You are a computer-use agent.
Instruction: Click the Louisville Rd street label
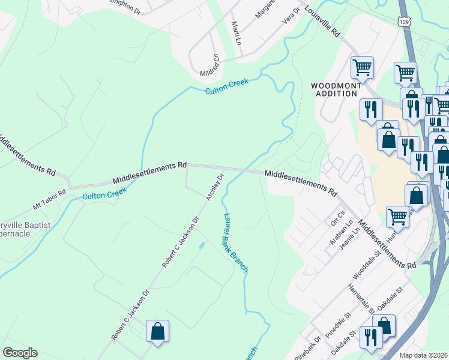click(x=322, y=22)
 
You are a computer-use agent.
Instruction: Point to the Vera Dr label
click(x=291, y=17)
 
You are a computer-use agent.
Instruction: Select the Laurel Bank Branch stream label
click(x=235, y=243)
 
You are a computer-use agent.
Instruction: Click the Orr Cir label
click(x=339, y=219)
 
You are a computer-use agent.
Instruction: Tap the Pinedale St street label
click(x=339, y=325)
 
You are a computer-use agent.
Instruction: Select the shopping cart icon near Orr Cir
click(x=397, y=217)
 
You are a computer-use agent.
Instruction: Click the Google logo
click(x=20, y=353)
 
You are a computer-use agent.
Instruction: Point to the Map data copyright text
click(x=423, y=355)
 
